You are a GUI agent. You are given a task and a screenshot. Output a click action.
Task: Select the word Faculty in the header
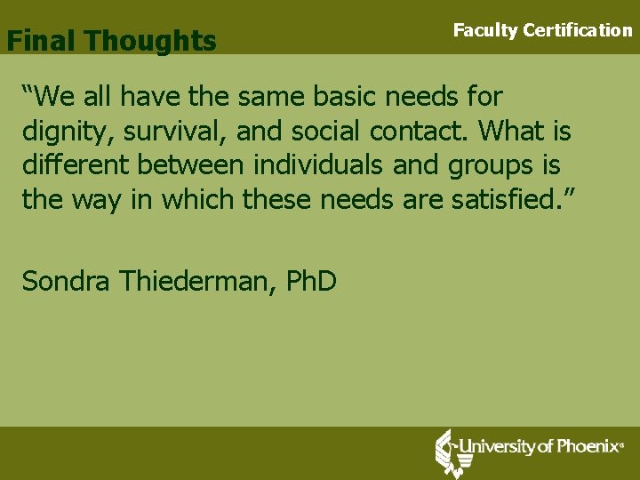484,30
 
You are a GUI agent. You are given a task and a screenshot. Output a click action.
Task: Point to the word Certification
578,30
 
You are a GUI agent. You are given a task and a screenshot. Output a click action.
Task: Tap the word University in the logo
493,446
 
